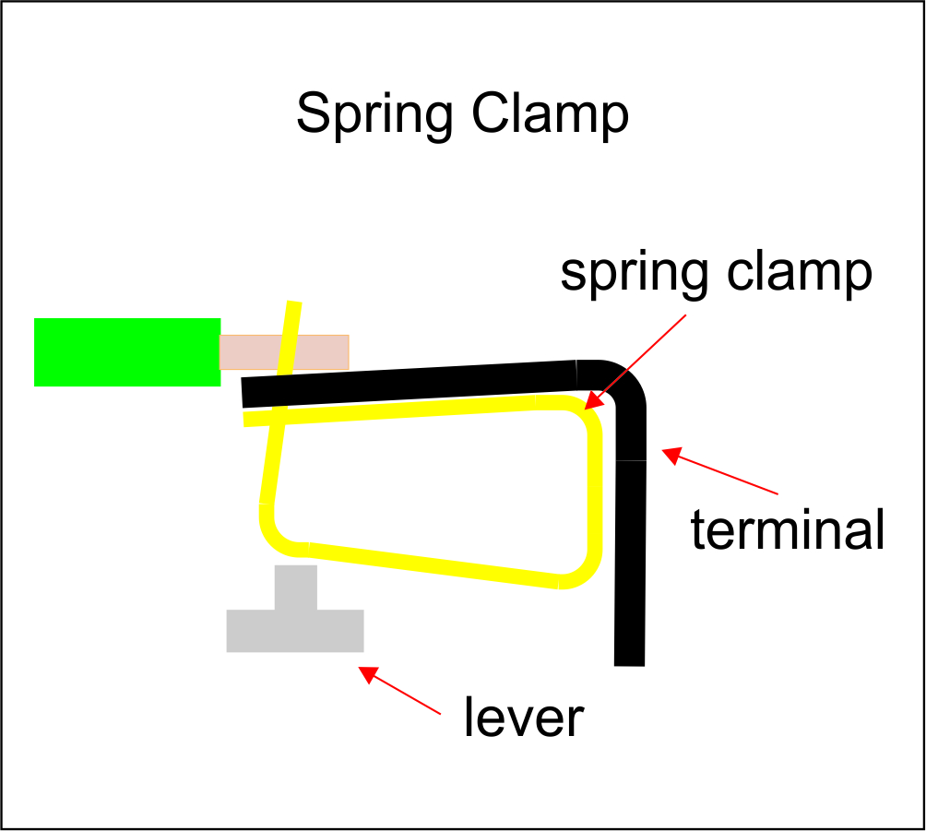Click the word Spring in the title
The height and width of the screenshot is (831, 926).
click(374, 115)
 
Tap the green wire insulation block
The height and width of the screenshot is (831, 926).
click(127, 351)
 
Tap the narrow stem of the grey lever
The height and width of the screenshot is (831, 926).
click(295, 586)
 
